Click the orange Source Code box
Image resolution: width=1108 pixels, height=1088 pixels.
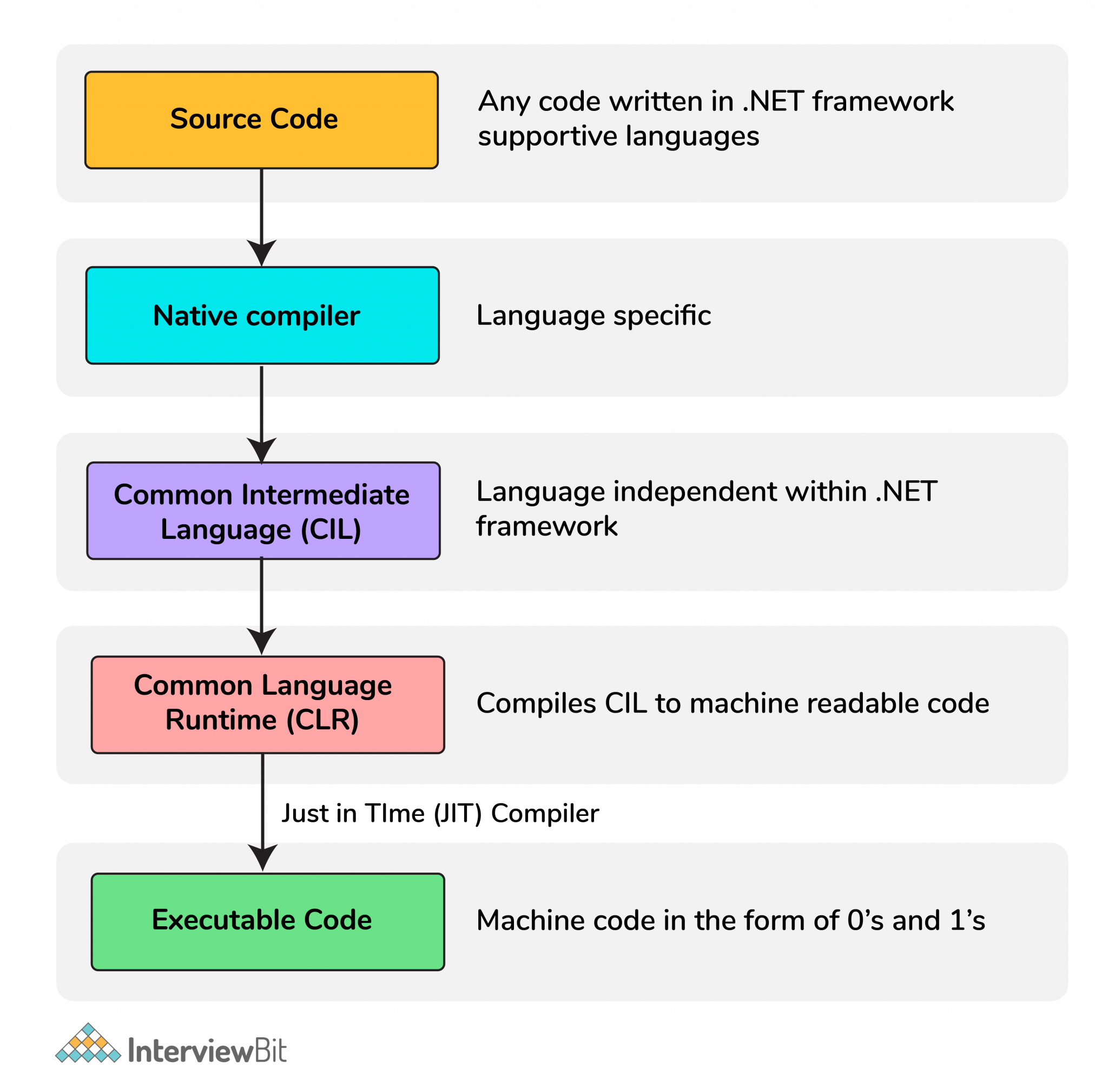tap(261, 120)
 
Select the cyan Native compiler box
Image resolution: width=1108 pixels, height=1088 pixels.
tap(262, 315)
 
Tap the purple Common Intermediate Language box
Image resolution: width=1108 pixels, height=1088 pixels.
tap(263, 510)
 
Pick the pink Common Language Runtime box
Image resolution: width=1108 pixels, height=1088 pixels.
tap(267, 704)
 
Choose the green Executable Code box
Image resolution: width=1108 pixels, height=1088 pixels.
tap(267, 921)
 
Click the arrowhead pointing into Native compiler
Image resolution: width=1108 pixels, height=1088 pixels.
tap(262, 252)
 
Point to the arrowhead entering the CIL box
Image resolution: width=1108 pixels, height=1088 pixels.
tap(262, 450)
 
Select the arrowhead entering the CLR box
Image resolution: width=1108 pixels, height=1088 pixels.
tap(262, 640)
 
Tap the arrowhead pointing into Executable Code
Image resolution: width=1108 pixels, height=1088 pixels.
tap(263, 856)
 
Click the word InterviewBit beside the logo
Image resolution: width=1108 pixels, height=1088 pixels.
tap(207, 1050)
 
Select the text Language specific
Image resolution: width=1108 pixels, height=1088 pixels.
tap(593, 315)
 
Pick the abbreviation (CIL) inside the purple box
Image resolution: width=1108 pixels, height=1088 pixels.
tap(331, 529)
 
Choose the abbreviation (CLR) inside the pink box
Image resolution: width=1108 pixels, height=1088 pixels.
tap(322, 720)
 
